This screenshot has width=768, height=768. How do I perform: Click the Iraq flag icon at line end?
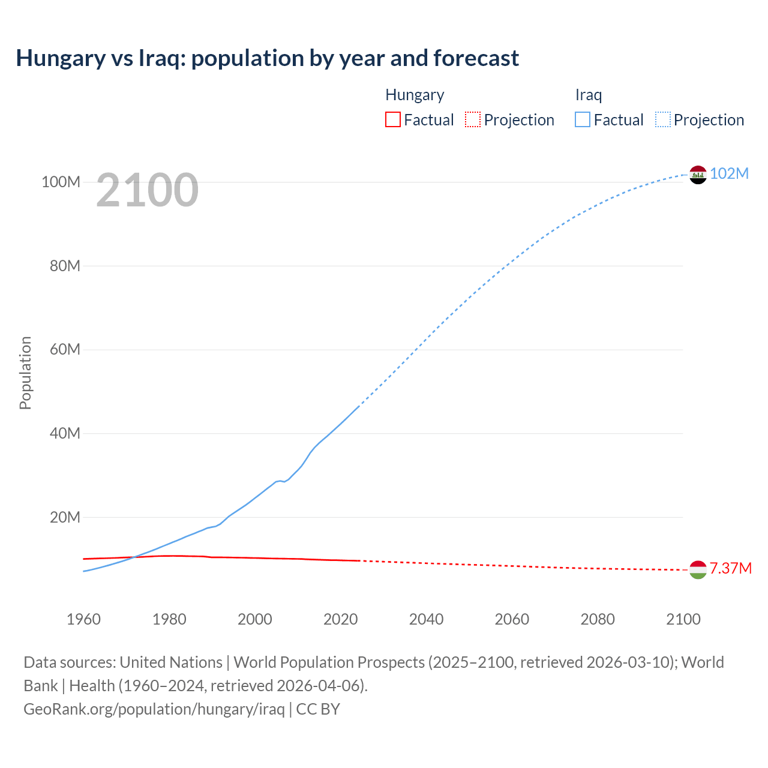pos(698,175)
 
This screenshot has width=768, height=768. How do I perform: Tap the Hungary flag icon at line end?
pos(698,570)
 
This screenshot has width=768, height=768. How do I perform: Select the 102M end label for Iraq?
pos(729,173)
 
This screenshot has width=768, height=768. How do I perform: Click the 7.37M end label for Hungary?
pos(730,568)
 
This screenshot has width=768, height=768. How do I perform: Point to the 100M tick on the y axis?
pos(61,182)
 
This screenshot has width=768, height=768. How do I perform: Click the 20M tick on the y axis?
pos(64,517)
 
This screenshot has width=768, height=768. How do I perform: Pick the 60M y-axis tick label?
pos(64,349)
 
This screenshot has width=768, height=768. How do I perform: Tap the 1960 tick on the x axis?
pos(83,619)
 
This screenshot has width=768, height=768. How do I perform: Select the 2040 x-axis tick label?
pos(426,619)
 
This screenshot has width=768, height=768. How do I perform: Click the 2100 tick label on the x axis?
pos(683,619)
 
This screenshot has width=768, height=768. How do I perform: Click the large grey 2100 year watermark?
pos(147,190)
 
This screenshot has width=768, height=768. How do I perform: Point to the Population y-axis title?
pos(25,373)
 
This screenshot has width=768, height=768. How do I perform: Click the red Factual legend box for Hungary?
pos(392,119)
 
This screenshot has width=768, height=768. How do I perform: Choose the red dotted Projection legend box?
pos(473,119)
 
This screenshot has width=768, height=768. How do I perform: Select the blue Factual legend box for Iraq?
pos(582,119)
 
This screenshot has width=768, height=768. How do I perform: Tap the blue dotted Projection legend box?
pos(662,119)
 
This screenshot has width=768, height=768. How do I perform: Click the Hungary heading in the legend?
pos(415,95)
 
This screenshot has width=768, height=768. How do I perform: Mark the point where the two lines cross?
pos(133,557)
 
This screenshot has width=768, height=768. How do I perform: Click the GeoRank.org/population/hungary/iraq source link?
pos(154,709)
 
